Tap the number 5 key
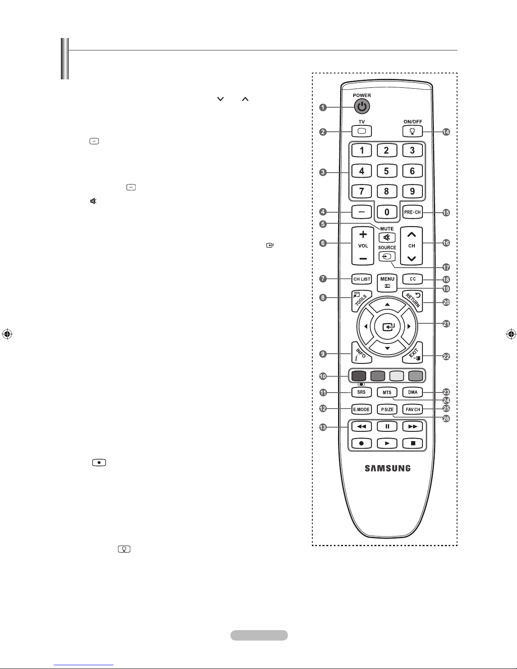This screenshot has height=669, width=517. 387,171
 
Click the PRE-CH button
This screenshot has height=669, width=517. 412,212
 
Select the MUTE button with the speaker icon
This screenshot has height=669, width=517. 387,237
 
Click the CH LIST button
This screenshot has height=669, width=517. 362,279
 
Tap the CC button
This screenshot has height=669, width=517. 413,279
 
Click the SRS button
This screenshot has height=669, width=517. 362,392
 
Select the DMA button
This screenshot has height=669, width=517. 413,392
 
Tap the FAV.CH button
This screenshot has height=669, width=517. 413,409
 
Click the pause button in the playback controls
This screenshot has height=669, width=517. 387,426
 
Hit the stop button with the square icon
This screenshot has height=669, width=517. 413,443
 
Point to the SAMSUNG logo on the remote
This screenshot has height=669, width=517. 387,468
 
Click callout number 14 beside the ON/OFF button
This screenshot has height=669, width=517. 446,132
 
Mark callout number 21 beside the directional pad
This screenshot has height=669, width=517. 446,324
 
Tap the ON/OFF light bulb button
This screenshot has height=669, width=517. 412,131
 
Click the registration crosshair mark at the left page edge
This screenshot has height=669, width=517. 7,334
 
